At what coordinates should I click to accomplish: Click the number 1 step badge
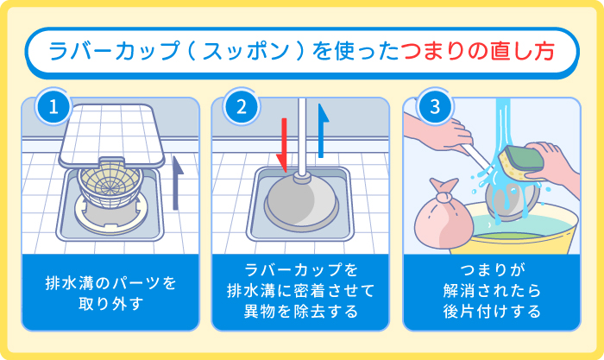pyautogui.click(x=53, y=108)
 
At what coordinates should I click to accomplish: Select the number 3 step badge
pyautogui.click(x=435, y=108)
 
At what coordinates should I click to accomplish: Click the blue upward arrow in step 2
pyautogui.click(x=324, y=129)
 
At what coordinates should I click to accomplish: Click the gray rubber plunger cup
pyautogui.click(x=302, y=201)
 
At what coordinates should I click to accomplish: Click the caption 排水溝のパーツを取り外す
pyautogui.click(x=110, y=293)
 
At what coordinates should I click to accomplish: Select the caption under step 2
pyautogui.click(x=302, y=293)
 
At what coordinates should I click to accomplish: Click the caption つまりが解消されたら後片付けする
pyautogui.click(x=494, y=293)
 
